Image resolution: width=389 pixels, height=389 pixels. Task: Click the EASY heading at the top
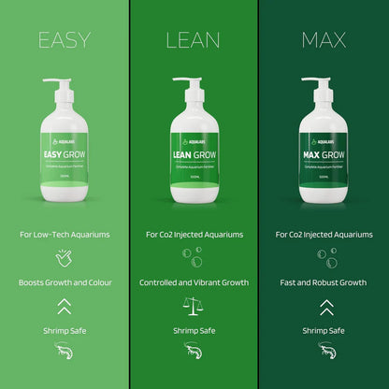point(65,40)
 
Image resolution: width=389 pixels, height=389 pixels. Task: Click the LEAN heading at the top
point(194,40)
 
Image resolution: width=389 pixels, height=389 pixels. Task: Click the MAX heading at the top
point(324,40)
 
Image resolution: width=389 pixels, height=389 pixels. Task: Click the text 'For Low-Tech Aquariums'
point(65,234)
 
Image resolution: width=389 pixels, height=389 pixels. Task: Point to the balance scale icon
point(194,306)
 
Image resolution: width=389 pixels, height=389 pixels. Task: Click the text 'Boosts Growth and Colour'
point(65,282)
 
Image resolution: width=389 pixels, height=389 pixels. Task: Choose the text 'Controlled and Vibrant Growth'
point(194,282)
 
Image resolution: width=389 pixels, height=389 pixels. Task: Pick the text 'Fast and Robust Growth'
point(324,282)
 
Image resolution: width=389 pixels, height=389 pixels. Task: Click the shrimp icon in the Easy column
point(65,351)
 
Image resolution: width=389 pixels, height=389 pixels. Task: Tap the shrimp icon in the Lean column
point(194,351)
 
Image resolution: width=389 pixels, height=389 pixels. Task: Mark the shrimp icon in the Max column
point(324,351)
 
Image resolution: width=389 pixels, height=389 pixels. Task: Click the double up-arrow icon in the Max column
point(324,306)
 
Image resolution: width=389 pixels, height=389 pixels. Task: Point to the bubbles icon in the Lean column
point(194,254)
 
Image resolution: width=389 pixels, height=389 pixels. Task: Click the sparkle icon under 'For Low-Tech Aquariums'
point(65,255)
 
